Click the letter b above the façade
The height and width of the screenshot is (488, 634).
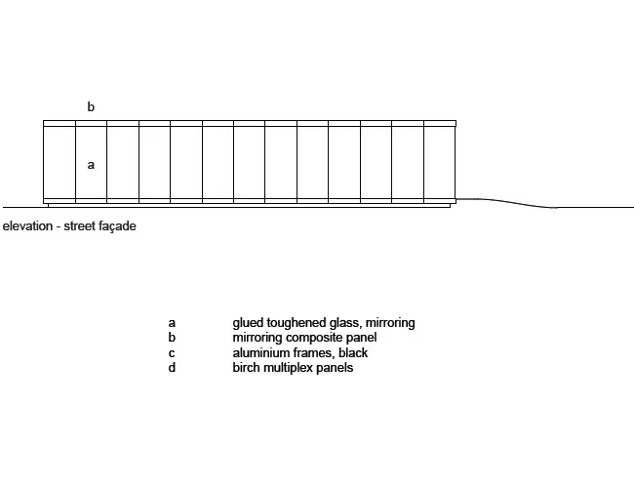tap(91, 106)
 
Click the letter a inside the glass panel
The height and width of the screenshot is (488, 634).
tap(91, 165)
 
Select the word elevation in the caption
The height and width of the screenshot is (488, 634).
tap(27, 225)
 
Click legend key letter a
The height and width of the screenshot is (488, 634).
tap(172, 323)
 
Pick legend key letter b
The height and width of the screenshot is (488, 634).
tap(172, 337)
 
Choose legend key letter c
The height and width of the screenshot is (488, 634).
tap(172, 353)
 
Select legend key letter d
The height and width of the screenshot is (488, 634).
tap(172, 367)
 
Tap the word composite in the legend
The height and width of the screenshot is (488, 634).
tap(314, 338)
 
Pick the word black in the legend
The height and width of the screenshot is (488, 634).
tap(353, 353)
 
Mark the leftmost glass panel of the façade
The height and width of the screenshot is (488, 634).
tap(59, 162)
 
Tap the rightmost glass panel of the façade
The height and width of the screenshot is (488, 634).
tap(440, 162)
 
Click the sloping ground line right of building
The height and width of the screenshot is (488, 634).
tap(506, 202)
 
